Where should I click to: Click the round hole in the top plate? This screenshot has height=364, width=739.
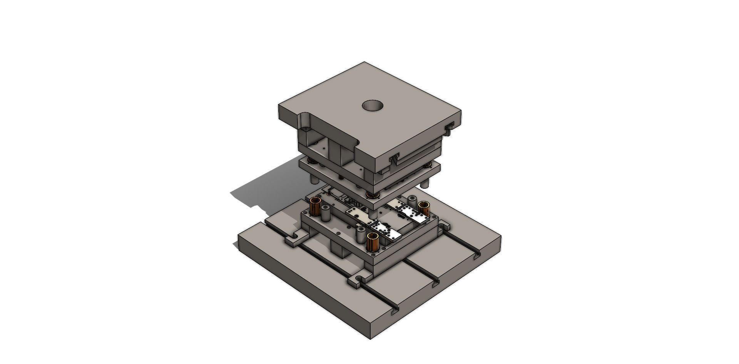[373, 105]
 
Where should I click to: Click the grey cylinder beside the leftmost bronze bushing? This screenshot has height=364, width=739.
[326, 214]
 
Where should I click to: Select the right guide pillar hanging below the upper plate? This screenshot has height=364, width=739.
[424, 182]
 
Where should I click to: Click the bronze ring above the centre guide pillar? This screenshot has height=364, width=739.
[372, 194]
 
